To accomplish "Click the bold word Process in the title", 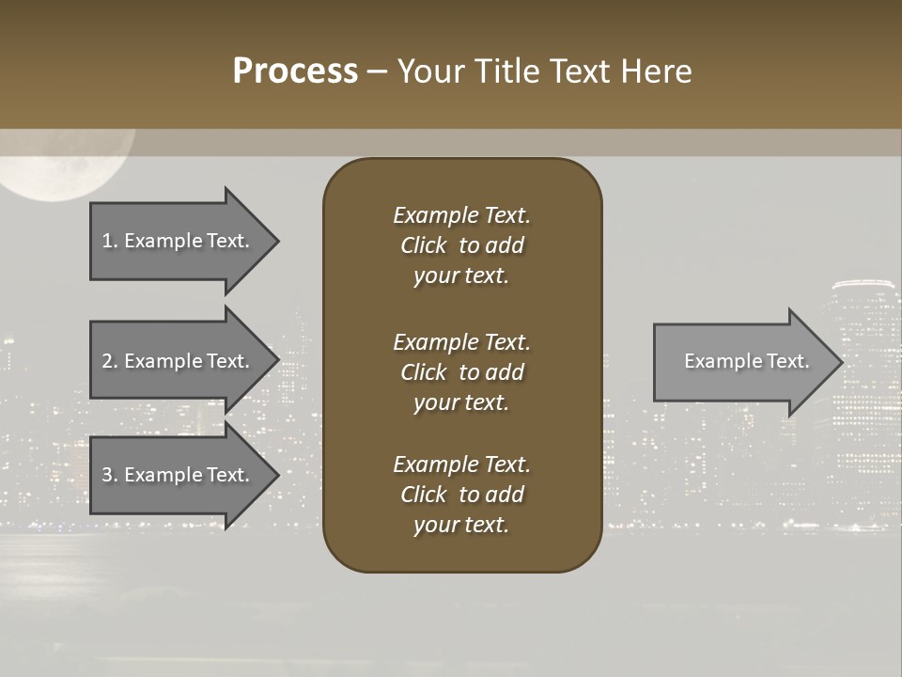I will pyautogui.click(x=295, y=71).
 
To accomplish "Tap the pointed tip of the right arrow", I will pyautogui.click(x=841, y=362).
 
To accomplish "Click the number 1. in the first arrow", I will pyautogui.click(x=109, y=241).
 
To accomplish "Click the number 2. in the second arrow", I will pyautogui.click(x=109, y=361).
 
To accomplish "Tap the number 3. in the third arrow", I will pyautogui.click(x=109, y=475).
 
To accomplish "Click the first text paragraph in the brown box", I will pyautogui.click(x=461, y=245).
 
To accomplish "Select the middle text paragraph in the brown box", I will pyautogui.click(x=461, y=372).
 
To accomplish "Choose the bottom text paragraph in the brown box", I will pyautogui.click(x=461, y=495).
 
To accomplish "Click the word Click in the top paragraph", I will pyautogui.click(x=424, y=245).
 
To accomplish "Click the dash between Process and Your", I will pyautogui.click(x=377, y=72).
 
